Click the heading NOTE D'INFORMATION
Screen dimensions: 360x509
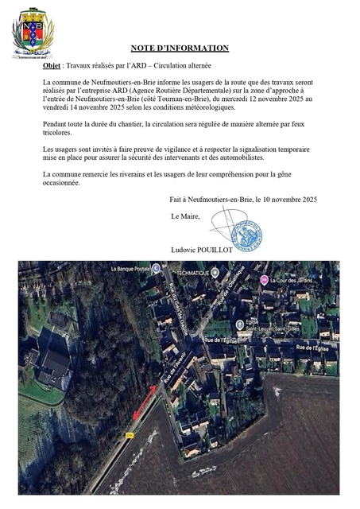tap(180, 49)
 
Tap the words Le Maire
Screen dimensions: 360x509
tap(185, 216)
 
